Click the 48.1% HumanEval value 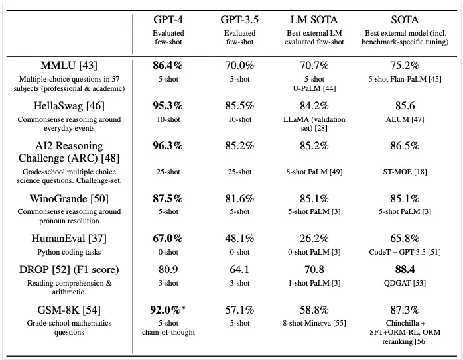[240, 238]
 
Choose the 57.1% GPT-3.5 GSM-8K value [240, 309]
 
